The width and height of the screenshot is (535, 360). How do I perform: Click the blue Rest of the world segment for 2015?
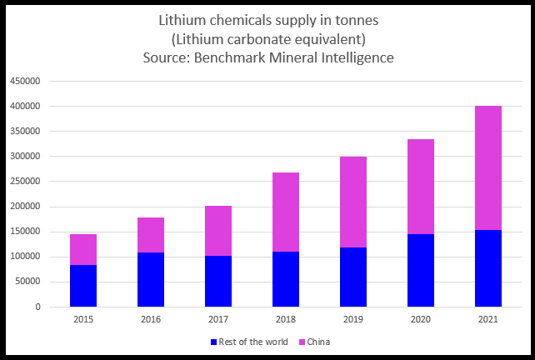coord(83,286)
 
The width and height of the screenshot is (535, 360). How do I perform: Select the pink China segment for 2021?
coord(488,167)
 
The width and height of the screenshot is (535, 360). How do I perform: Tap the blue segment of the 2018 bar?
coord(286,279)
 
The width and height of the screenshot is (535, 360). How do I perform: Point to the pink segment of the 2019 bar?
coord(353,202)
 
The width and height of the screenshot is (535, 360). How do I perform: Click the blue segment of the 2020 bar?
coord(421,270)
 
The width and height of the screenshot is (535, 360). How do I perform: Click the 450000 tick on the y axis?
coord(26,82)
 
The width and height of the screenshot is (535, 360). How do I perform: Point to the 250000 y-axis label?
coord(26,182)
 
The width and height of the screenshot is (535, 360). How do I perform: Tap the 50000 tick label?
coord(28,282)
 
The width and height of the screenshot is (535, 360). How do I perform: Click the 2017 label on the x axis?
coord(218,319)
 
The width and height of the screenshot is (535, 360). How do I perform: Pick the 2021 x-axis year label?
coord(488,319)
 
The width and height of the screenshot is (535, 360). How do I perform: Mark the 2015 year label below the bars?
coord(83,319)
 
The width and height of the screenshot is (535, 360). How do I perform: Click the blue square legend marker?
coord(213,342)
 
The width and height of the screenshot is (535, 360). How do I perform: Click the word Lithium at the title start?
coord(181,20)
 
